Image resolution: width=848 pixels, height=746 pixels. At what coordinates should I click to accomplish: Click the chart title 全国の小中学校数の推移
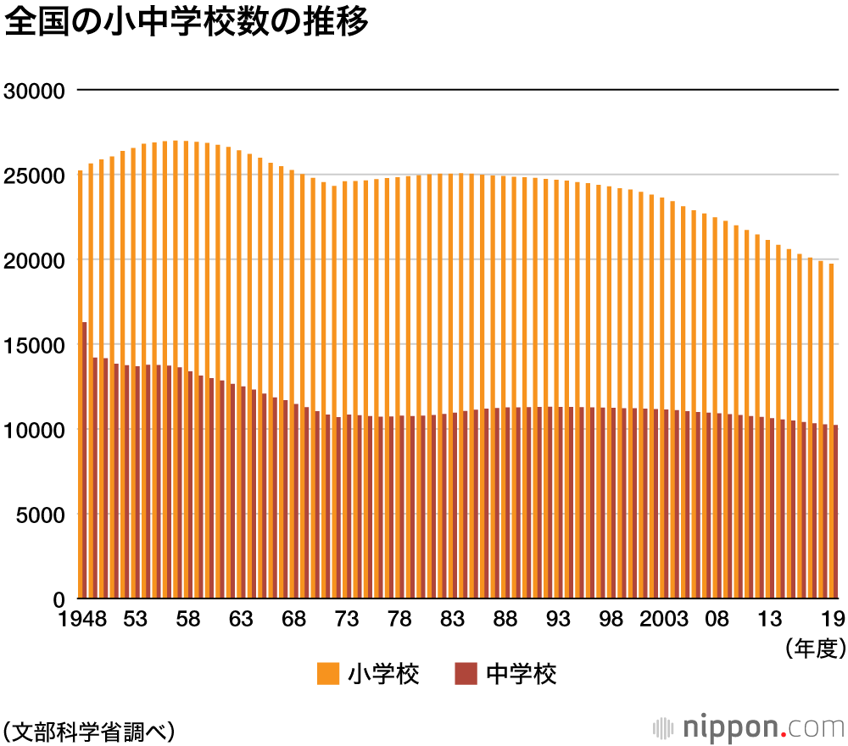pos(187,23)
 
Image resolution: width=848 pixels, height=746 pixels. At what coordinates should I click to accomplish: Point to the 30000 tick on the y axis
pos(35,90)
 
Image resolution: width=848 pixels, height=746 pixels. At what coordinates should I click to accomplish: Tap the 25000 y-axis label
pos(35,175)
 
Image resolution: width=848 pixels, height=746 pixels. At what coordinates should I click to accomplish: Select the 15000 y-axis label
pos(35,345)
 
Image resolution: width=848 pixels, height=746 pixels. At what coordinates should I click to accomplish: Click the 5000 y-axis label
pos(41,515)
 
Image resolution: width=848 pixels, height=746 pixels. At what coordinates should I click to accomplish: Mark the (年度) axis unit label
pos(816,649)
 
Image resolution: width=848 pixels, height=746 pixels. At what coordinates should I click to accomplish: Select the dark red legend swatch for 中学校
pos(466,675)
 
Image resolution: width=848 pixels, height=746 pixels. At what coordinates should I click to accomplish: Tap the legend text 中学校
pos(522,675)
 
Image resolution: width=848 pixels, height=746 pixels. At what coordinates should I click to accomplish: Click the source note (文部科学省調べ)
pos(88,728)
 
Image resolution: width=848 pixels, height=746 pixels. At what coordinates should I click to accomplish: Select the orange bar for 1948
pos(80,254)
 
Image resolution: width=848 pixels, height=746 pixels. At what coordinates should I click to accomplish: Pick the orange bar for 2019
pos(831,339)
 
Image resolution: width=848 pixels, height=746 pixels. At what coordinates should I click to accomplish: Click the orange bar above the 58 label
pos(186,254)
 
